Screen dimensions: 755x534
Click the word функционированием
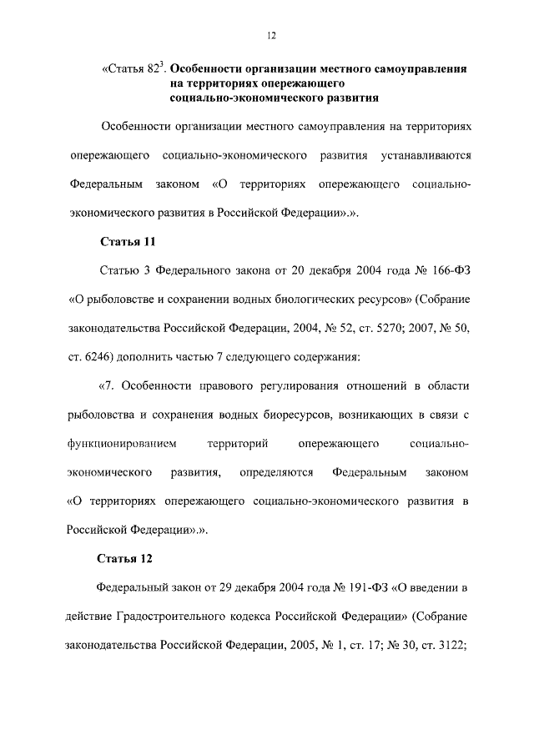point(114,442)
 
